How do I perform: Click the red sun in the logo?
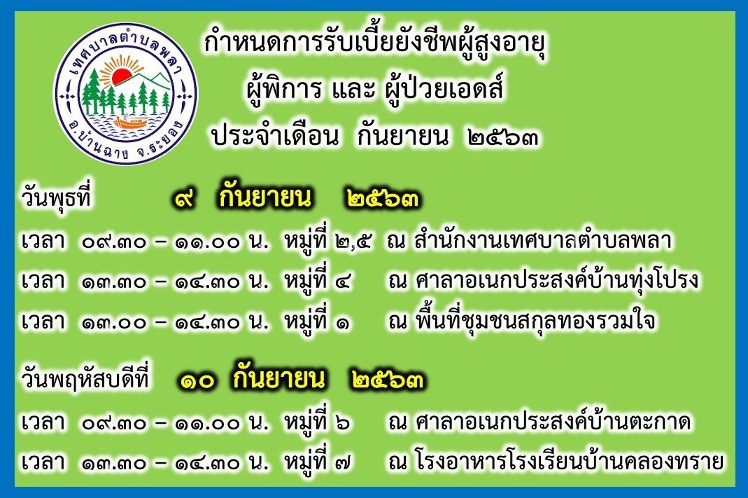122,76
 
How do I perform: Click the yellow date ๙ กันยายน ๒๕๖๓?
297,198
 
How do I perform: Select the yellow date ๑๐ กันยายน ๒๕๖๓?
302,379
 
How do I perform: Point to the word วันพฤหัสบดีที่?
85,379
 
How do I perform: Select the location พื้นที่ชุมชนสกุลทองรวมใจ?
535,320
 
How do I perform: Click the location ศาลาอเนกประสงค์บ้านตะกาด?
553,422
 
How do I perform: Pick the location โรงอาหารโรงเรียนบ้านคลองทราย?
570,462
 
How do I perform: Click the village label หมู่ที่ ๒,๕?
328,240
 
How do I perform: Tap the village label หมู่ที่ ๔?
318,279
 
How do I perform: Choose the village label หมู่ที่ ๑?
318,320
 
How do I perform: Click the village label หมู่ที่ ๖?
318,422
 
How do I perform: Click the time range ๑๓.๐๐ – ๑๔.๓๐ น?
175,321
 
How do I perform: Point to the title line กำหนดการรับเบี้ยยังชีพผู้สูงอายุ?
375,44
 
